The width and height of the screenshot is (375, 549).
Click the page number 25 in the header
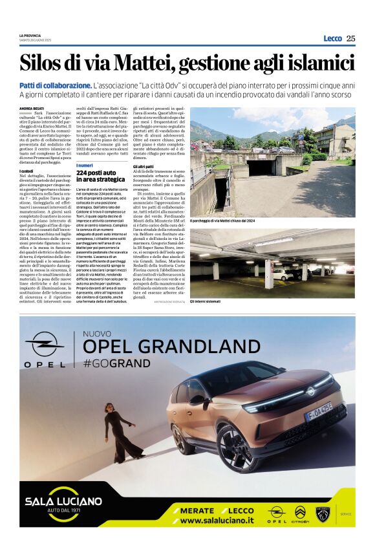tap(350, 38)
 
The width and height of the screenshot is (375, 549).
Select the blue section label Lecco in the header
tap(332, 38)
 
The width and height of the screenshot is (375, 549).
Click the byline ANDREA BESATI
tap(31, 108)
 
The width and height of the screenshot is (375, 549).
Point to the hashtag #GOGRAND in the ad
tap(116, 363)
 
